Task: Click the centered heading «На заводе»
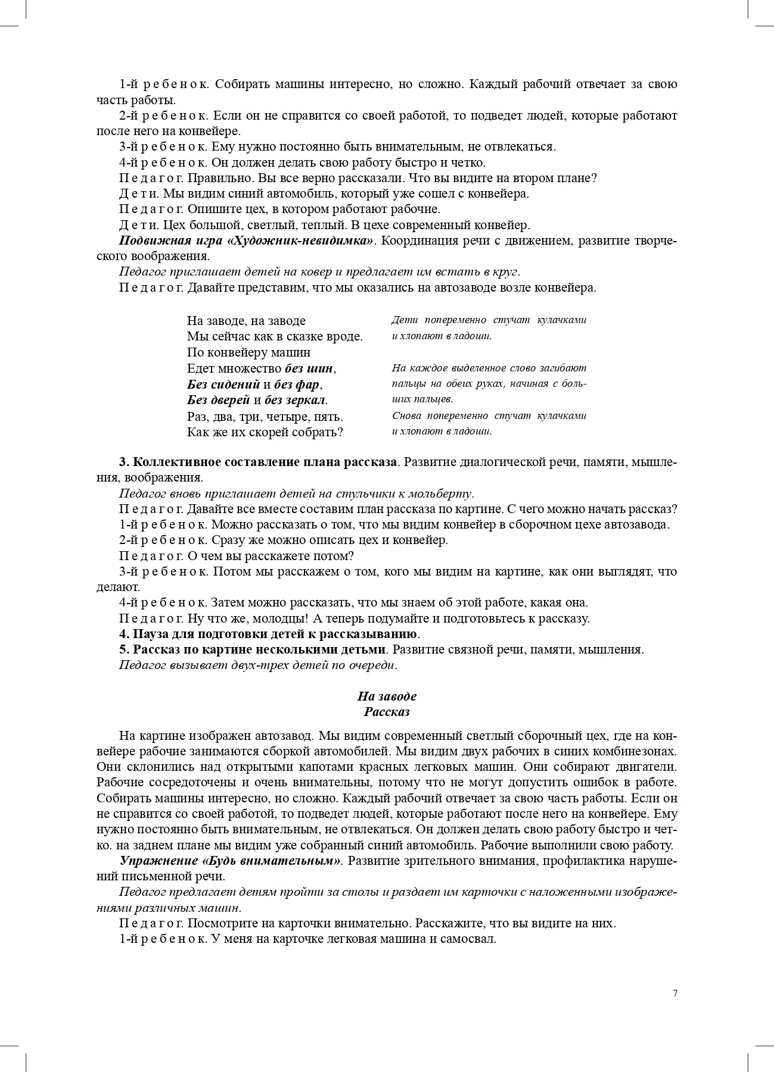[x=387, y=696]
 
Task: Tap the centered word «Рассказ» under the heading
[x=387, y=711]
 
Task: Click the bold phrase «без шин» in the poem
[x=309, y=368]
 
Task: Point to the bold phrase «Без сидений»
[x=223, y=384]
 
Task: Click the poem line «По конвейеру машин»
[x=248, y=352]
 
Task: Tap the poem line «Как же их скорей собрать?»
[x=265, y=432]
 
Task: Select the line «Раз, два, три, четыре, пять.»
[x=265, y=416]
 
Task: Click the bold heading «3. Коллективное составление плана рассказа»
[x=257, y=462]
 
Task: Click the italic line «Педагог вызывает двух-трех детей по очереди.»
[x=257, y=665]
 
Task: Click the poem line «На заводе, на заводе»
[x=246, y=321]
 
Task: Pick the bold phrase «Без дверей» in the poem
[x=218, y=400]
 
